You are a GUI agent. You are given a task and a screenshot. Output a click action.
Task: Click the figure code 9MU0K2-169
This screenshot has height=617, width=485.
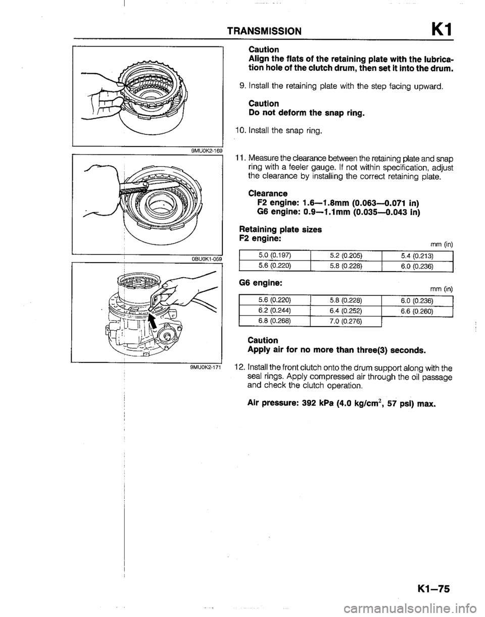(x=205, y=149)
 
